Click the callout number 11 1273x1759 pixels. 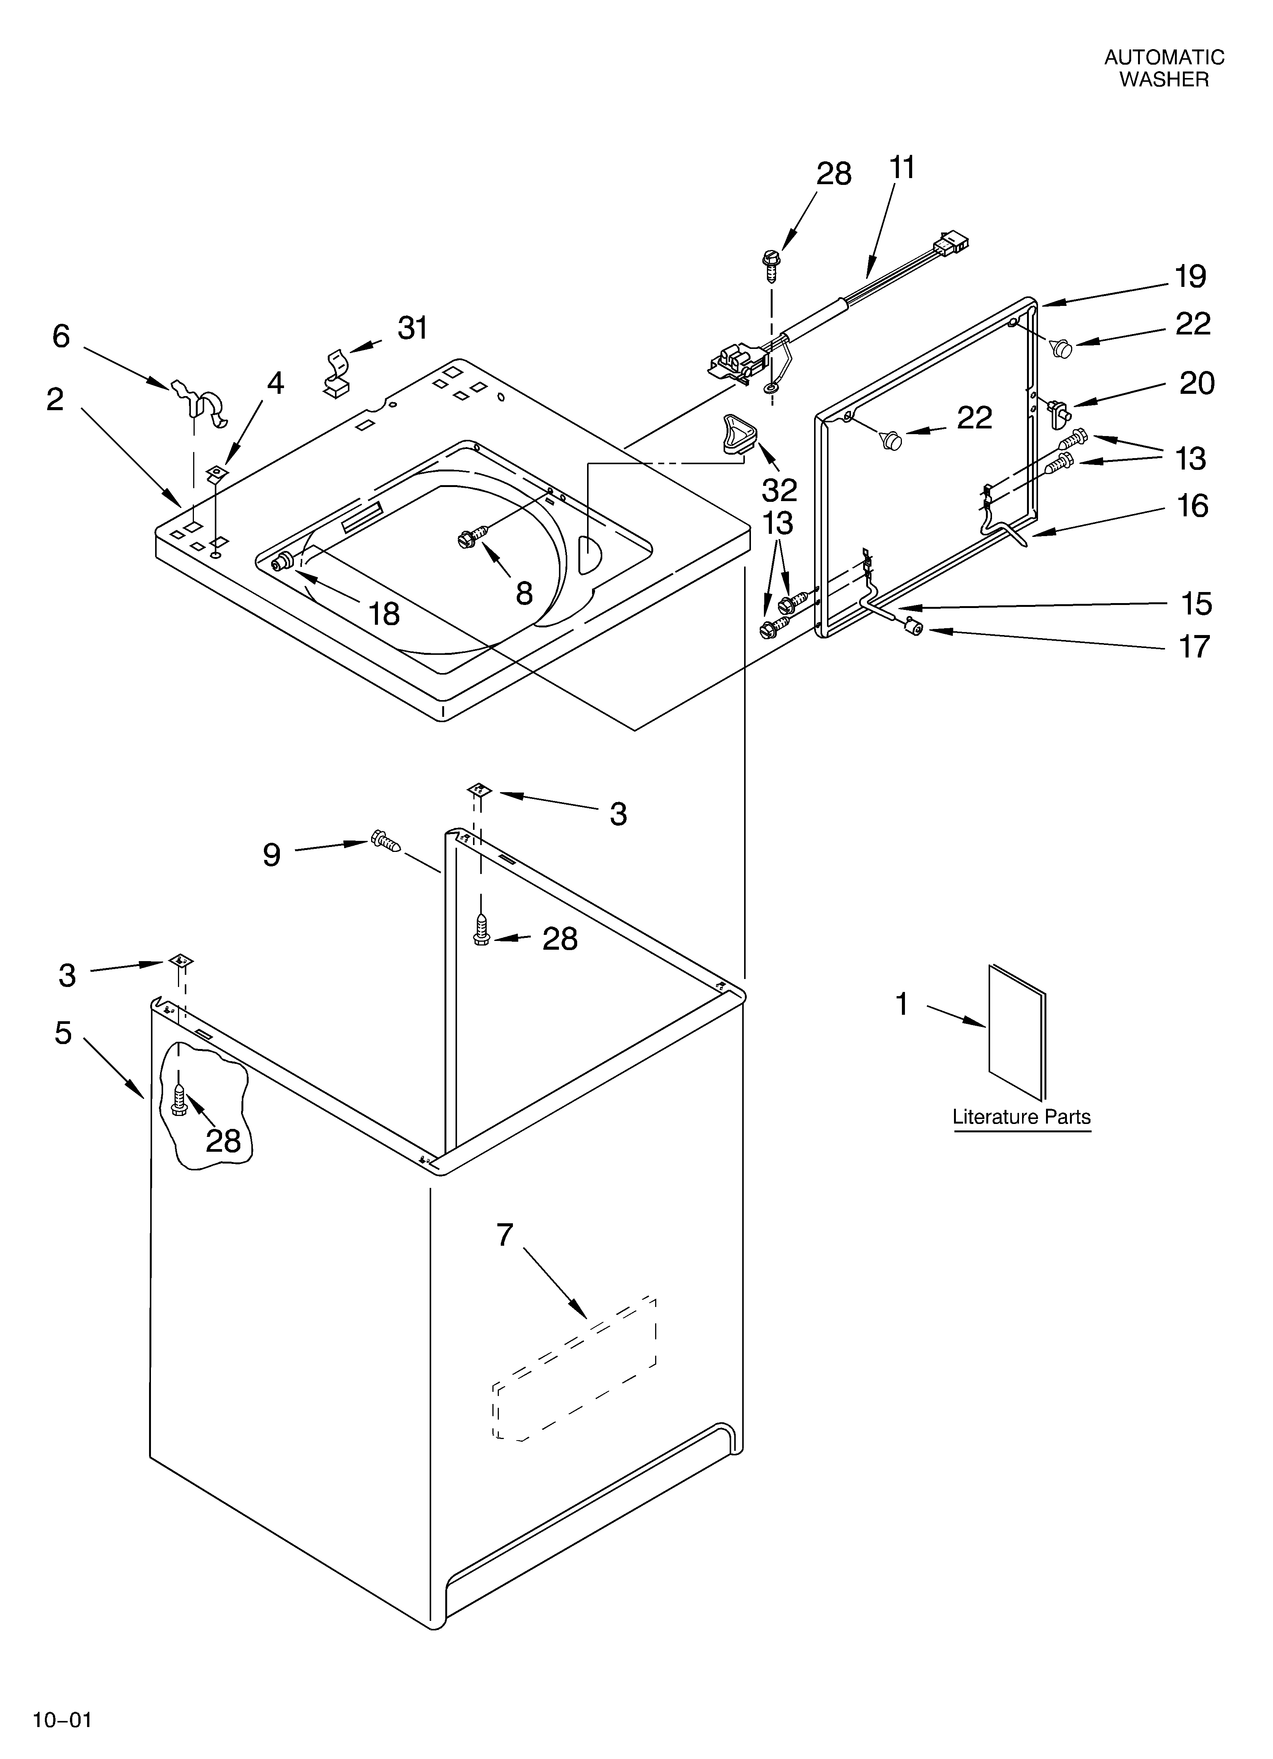click(x=902, y=167)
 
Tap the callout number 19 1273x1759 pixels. click(x=1190, y=277)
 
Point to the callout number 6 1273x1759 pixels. click(x=61, y=336)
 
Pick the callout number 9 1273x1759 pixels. click(x=271, y=855)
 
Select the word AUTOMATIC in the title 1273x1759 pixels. click(x=1164, y=57)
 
